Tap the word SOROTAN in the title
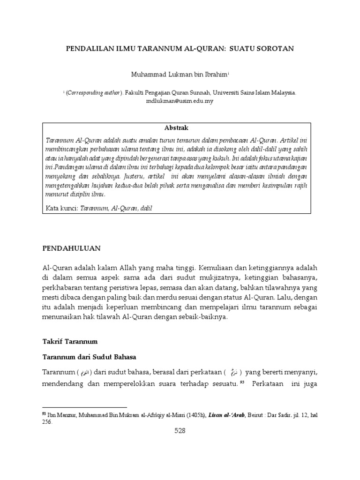277,48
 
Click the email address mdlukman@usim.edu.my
180,101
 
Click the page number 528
180,431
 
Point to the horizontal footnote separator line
84,407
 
